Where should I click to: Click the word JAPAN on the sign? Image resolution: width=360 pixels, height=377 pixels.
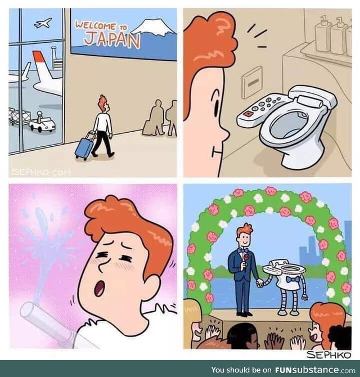pos(112,40)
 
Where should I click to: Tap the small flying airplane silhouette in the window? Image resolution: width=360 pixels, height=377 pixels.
pos(43,23)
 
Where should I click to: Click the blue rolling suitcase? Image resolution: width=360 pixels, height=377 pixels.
pos(84,146)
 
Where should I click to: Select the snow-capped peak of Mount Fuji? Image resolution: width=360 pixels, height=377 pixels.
pos(153,27)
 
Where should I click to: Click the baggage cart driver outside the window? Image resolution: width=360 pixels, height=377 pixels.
pos(39,116)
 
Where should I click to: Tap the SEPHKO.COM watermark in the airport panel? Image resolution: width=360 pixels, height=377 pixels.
pos(41,172)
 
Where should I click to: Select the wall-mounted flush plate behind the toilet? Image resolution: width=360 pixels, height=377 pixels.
pos(251,82)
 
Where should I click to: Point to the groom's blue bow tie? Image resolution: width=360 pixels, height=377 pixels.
pos(243,251)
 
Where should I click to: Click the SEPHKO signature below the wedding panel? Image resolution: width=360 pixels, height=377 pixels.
pos(328,354)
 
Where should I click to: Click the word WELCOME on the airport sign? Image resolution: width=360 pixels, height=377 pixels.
pos(96,26)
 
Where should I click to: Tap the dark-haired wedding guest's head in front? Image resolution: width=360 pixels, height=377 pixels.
pos(243,335)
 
